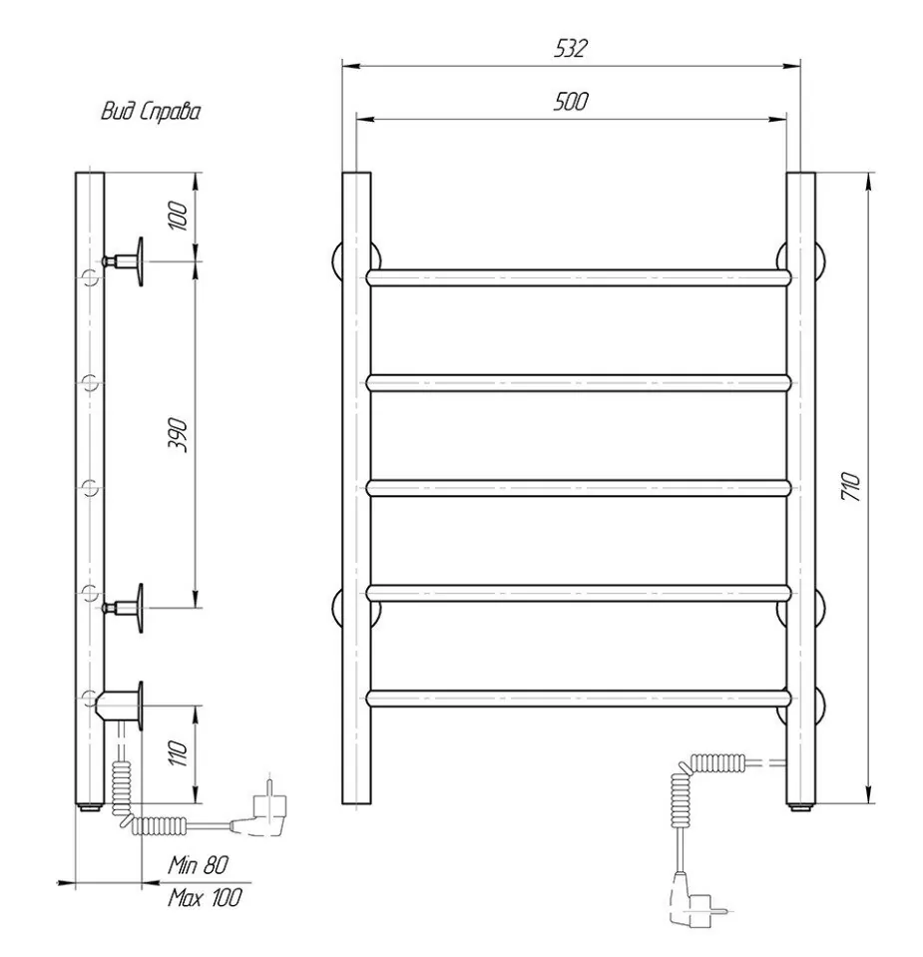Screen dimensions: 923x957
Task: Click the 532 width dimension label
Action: click(x=571, y=48)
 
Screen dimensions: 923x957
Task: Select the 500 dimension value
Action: click(x=571, y=102)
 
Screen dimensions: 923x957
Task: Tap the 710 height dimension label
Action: click(x=851, y=486)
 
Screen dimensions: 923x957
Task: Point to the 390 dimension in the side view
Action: click(x=178, y=434)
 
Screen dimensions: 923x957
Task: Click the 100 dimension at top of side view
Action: click(x=178, y=216)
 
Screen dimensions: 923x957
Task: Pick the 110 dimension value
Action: click(x=178, y=753)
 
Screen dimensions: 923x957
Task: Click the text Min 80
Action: click(x=199, y=864)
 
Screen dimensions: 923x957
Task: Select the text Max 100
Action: click(x=205, y=897)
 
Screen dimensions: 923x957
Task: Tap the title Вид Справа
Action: click(x=151, y=111)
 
